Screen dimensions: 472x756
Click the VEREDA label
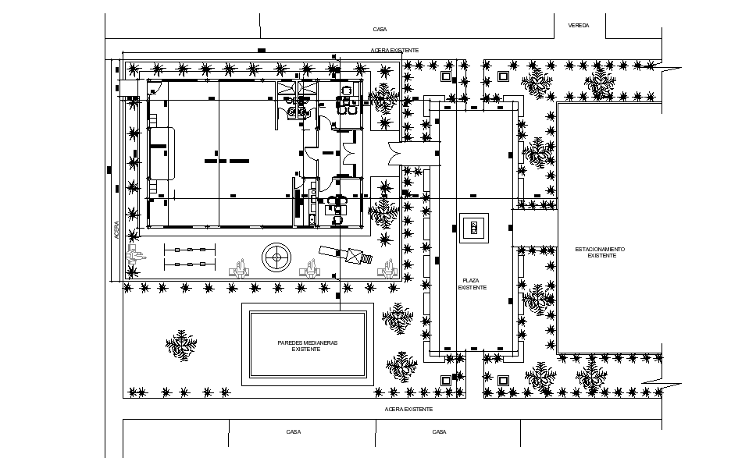point(579,25)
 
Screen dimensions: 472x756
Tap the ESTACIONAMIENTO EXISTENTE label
point(601,253)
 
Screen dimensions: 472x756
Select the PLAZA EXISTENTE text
point(474,283)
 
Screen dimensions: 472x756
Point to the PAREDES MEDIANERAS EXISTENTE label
point(306,346)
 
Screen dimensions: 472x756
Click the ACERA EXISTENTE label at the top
point(394,50)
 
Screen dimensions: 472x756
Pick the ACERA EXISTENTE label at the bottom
point(408,409)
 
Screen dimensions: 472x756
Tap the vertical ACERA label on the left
point(116,230)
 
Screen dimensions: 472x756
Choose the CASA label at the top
point(380,29)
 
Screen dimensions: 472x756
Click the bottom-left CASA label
point(294,431)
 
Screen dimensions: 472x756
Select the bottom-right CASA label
point(439,431)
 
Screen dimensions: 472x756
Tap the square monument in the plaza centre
point(474,228)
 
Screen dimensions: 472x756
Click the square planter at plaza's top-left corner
point(446,77)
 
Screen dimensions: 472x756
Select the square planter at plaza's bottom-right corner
point(503,380)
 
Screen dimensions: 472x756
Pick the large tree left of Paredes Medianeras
point(181,346)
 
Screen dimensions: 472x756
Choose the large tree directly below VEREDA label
point(601,83)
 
